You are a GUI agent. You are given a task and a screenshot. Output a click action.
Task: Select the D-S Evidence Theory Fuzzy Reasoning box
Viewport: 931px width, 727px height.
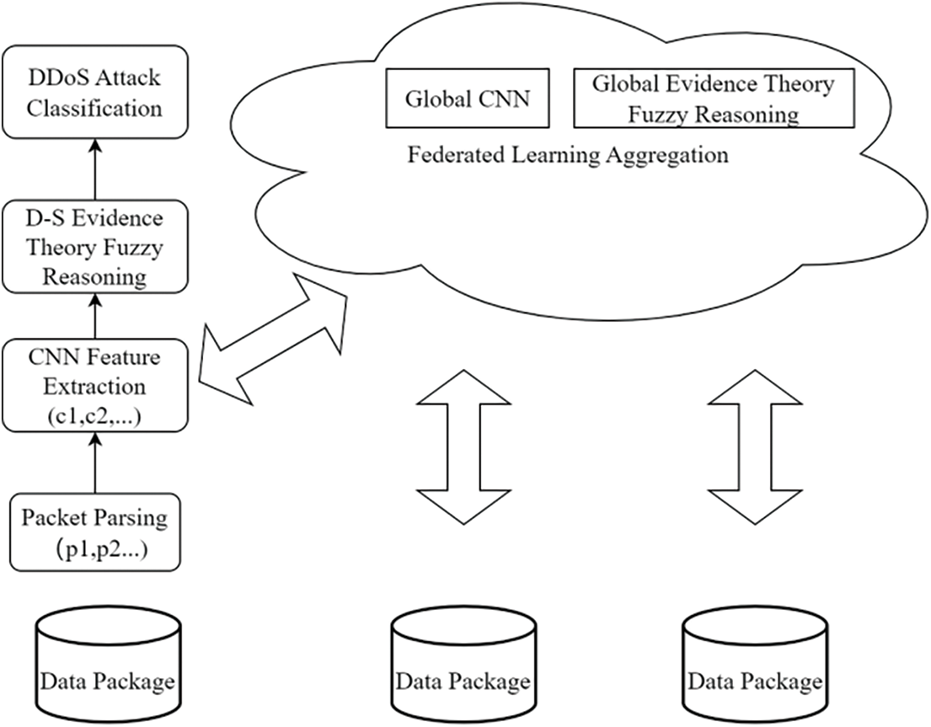pyautogui.click(x=94, y=247)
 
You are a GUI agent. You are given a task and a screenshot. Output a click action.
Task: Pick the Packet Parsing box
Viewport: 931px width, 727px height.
pyautogui.click(x=94, y=531)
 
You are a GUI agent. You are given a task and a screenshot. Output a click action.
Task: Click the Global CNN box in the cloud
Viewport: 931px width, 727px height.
pyautogui.click(x=468, y=99)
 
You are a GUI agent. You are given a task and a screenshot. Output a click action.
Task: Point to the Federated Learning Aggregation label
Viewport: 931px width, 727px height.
pyautogui.click(x=568, y=156)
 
